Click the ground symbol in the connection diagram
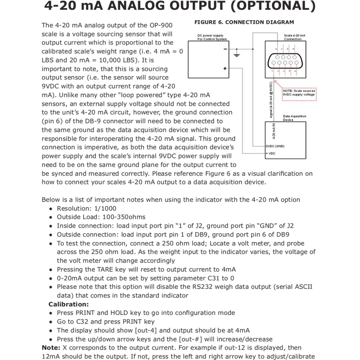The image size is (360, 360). (x=236, y=55)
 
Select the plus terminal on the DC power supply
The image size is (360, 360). (x=224, y=68)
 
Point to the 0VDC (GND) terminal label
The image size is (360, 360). (x=275, y=146)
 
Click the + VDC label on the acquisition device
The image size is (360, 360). (x=272, y=154)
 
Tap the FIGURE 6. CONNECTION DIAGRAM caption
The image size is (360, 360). (x=244, y=22)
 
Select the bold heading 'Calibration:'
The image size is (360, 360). (x=69, y=304)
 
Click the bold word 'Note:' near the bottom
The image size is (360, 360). (x=50, y=347)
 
